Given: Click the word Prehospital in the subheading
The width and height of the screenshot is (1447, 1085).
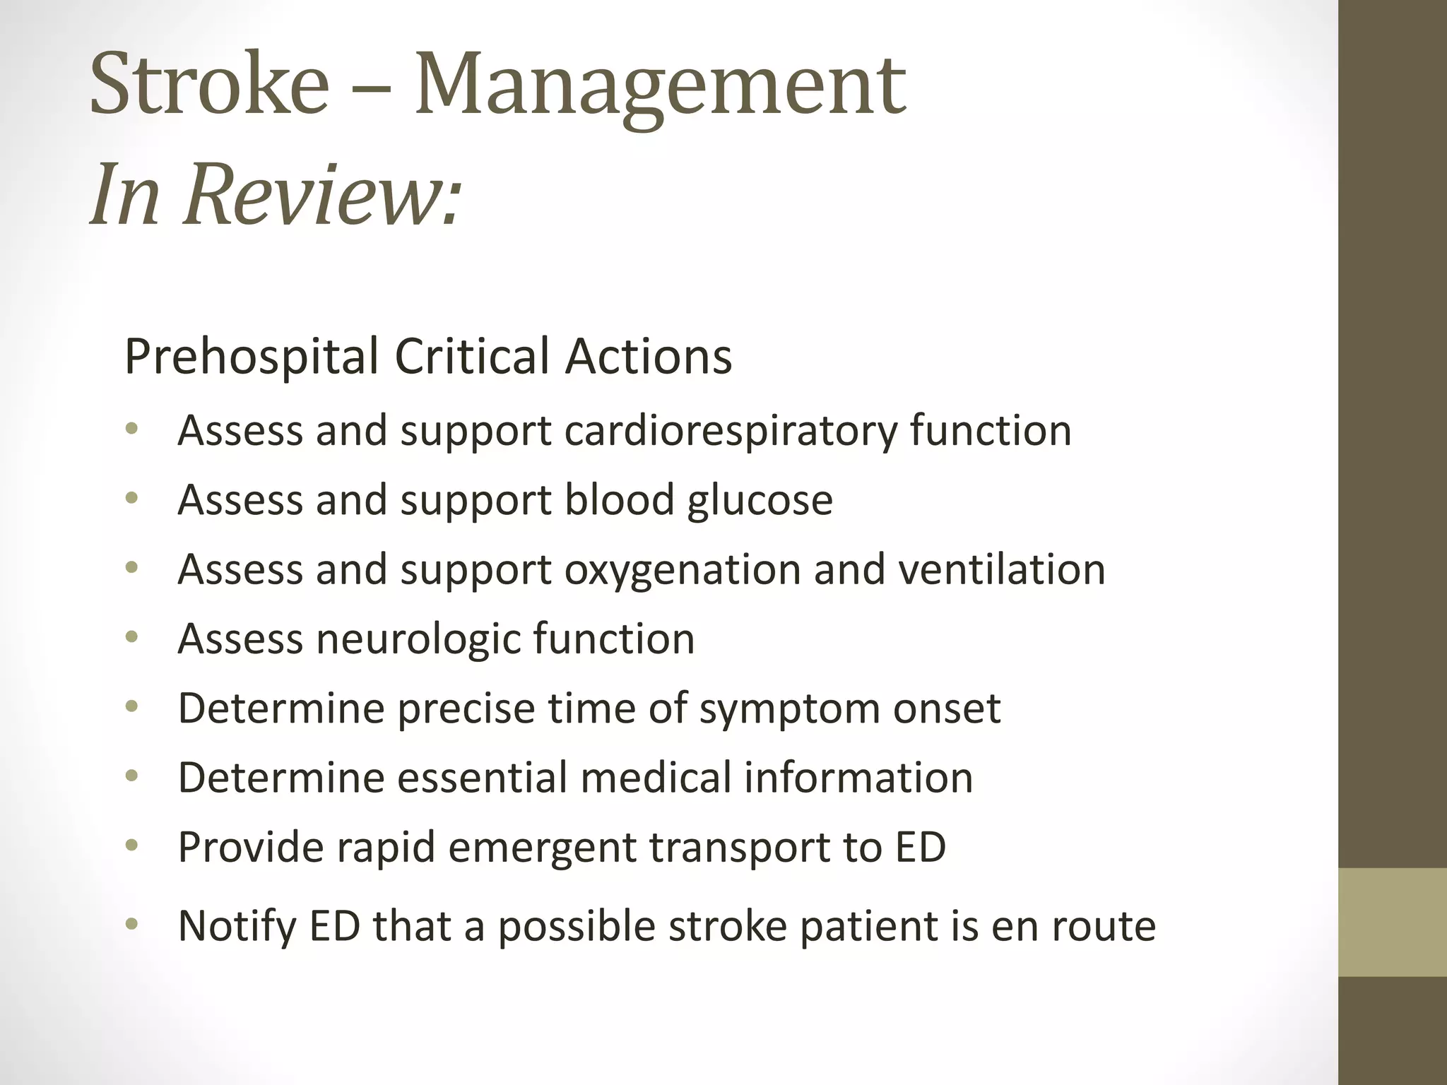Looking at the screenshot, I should (251, 356).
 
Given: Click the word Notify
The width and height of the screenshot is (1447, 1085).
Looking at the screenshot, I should (237, 926).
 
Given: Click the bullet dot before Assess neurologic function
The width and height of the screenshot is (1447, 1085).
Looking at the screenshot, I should (131, 638).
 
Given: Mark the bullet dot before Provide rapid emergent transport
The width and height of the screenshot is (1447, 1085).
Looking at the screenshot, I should (131, 846).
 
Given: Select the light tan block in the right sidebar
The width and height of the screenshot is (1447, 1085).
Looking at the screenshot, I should (1393, 922).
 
